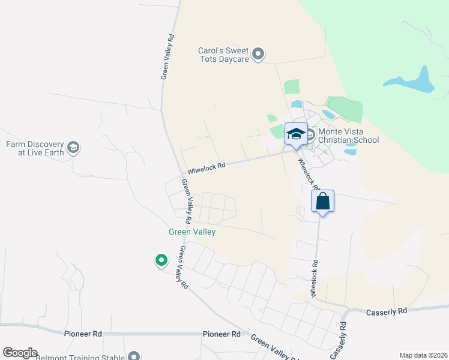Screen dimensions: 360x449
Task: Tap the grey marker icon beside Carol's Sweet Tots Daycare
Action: click(x=258, y=55)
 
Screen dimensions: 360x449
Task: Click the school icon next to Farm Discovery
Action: click(x=73, y=148)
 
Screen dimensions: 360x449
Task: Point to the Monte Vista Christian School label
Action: click(x=349, y=136)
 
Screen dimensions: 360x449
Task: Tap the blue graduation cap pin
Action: click(x=296, y=134)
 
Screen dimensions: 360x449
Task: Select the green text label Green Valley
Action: click(x=191, y=232)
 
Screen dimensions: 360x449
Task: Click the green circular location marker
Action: click(x=161, y=260)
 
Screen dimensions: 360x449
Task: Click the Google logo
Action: click(x=20, y=353)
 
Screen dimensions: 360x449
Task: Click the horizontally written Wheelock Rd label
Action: click(x=206, y=168)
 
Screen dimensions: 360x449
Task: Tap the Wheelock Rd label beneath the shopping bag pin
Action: click(x=313, y=278)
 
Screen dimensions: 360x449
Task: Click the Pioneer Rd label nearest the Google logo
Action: click(x=82, y=333)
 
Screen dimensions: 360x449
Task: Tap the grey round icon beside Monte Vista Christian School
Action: click(x=311, y=135)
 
